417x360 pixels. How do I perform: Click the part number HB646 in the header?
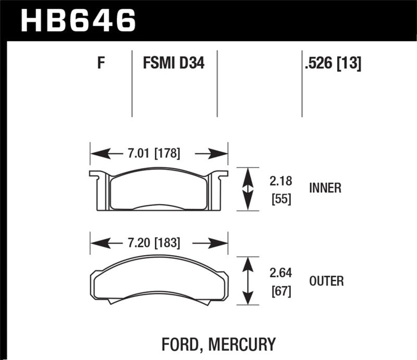(x=78, y=21)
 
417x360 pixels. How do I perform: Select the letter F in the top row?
(x=102, y=64)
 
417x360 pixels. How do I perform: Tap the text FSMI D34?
(x=174, y=64)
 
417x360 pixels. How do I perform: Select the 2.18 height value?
(x=281, y=181)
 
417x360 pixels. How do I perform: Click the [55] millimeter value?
(x=281, y=198)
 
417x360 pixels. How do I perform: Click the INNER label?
(x=325, y=188)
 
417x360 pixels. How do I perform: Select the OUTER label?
(x=326, y=281)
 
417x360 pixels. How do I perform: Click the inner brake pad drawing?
(x=159, y=190)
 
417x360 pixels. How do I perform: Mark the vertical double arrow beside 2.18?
(x=249, y=189)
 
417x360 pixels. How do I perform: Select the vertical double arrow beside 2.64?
(x=249, y=281)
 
